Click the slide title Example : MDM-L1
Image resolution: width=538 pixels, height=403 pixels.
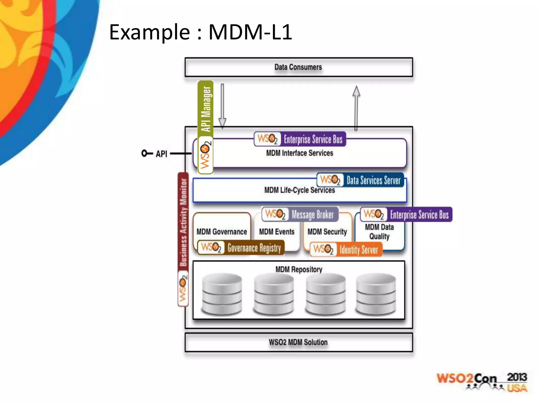click(200, 32)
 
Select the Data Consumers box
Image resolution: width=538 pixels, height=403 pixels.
click(298, 67)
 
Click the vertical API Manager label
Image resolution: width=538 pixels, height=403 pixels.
click(205, 109)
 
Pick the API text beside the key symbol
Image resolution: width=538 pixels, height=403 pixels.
click(161, 154)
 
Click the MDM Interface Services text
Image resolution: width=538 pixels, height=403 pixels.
click(299, 153)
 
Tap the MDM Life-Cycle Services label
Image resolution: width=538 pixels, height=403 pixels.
click(299, 190)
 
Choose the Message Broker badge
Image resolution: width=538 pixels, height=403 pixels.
click(300, 214)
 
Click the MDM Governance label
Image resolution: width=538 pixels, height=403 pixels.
click(222, 232)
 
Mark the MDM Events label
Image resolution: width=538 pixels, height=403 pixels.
click(277, 232)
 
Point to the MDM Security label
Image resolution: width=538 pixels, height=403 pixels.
click(327, 232)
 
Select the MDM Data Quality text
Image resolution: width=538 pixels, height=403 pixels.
click(379, 232)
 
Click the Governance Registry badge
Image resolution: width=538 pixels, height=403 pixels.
click(241, 247)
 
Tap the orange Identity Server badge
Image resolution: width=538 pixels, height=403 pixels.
click(346, 249)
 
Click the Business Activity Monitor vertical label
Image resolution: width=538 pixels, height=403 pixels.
click(183, 222)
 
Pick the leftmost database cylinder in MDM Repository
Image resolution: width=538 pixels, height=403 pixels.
click(222, 294)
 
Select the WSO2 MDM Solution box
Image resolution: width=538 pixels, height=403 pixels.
click(298, 342)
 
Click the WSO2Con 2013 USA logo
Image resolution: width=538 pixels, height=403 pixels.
click(482, 382)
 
